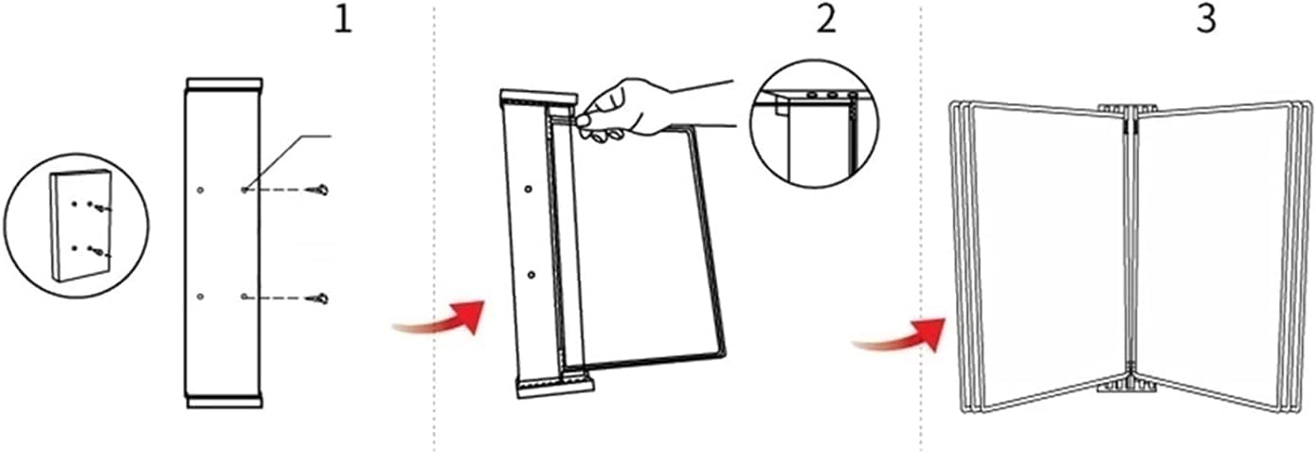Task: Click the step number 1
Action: click(x=343, y=21)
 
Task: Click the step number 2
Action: click(x=826, y=21)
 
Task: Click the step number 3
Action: click(x=1206, y=21)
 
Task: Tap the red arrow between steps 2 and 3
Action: click(x=899, y=335)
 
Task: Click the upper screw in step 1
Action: click(x=317, y=190)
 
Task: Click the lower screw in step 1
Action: click(x=317, y=299)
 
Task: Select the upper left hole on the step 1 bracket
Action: click(x=201, y=190)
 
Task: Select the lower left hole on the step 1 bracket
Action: click(x=201, y=297)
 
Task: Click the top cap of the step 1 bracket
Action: click(x=225, y=84)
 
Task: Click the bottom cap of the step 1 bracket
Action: click(x=225, y=401)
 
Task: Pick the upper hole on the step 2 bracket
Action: click(x=528, y=190)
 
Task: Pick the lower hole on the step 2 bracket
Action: click(x=532, y=275)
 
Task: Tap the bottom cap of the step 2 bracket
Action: click(x=555, y=388)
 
